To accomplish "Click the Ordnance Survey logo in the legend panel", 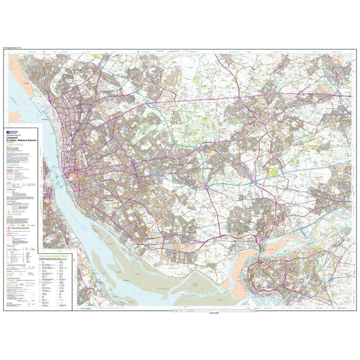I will click(14, 131).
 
